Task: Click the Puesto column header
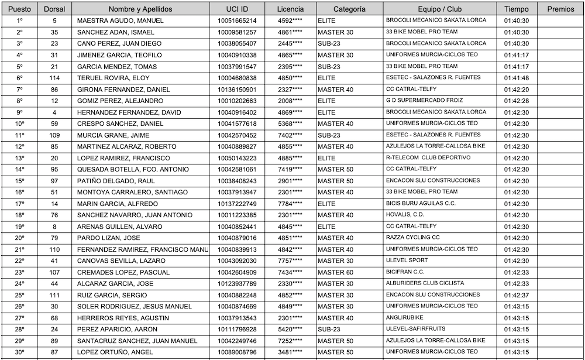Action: (x=20, y=9)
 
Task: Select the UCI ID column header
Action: (x=236, y=9)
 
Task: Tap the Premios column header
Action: (x=560, y=9)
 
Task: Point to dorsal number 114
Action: (x=54, y=78)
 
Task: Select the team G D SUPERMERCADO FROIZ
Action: (x=424, y=101)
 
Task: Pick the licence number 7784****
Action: (x=290, y=204)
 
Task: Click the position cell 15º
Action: (x=20, y=181)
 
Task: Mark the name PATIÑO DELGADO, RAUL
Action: (x=115, y=181)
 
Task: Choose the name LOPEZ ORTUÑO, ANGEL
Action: (x=115, y=352)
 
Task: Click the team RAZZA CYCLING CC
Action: (x=413, y=238)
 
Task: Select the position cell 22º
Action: (x=20, y=260)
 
